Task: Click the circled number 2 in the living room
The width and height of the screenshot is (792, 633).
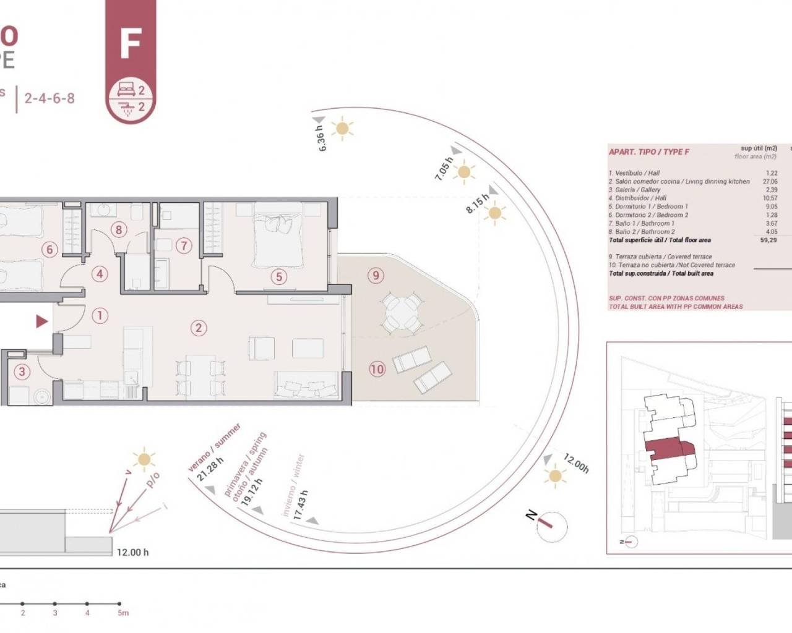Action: tap(199, 328)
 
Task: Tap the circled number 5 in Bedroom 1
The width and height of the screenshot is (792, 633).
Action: tap(279, 276)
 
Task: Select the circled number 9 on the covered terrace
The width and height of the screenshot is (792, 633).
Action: tap(376, 275)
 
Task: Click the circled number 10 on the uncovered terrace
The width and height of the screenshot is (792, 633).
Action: tap(377, 370)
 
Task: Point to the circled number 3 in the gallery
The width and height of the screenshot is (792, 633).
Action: tap(22, 372)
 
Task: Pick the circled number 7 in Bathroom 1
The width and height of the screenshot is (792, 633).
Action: tap(183, 245)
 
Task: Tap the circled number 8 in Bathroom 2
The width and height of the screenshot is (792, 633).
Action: tap(119, 230)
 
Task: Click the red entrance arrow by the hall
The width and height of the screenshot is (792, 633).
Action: tap(41, 321)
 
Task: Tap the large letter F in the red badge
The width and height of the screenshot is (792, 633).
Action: tap(131, 43)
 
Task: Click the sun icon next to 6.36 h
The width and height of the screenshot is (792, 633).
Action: tap(342, 129)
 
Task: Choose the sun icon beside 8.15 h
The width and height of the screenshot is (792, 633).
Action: tap(494, 214)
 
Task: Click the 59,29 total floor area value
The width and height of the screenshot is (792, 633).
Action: tap(768, 240)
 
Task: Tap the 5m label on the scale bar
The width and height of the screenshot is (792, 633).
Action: tap(123, 613)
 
